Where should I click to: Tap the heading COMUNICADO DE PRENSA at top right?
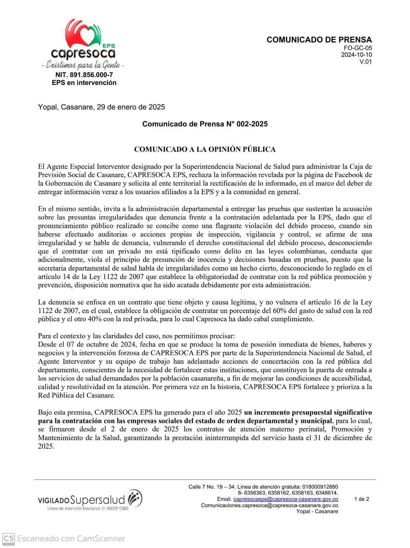pos(319,40)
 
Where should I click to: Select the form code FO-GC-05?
pos(358,48)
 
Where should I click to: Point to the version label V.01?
pos(365,62)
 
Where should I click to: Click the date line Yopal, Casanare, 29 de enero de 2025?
pos(101,107)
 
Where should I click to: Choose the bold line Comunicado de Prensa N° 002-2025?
pos(205,124)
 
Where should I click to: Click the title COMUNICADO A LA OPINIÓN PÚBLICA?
pos(205,149)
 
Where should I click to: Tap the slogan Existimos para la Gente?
pos(83,65)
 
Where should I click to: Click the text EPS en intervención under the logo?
pos(84,83)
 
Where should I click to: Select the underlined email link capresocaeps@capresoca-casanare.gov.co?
pos(286,499)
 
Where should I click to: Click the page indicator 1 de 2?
pos(361,499)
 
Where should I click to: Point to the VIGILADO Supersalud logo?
pos(90,499)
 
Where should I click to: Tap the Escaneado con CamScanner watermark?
pos(64,539)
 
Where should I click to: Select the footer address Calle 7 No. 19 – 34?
pos(212,487)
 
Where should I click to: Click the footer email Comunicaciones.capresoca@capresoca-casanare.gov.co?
pos(269,506)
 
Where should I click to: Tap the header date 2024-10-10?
pos(356,55)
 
